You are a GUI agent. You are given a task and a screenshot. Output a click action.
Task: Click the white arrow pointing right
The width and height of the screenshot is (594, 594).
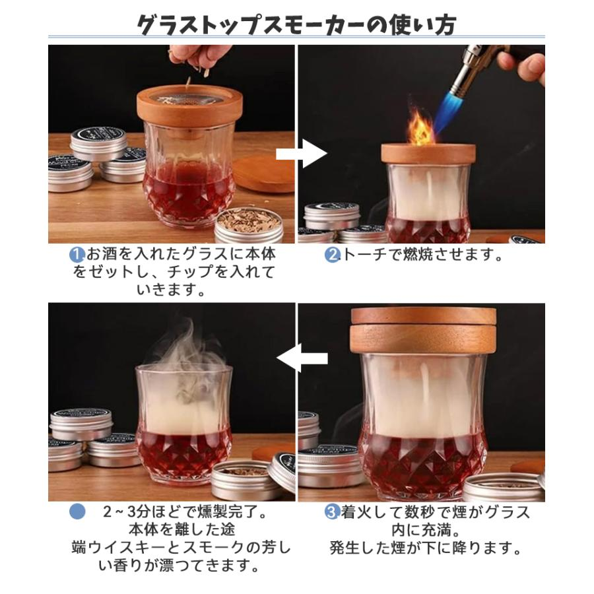click(302, 153)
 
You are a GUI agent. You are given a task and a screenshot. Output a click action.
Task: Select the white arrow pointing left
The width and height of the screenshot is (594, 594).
click(302, 358)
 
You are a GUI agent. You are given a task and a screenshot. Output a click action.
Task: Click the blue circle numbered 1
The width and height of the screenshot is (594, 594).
click(77, 255)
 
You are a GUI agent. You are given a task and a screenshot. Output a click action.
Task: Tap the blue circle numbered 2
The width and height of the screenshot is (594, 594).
click(332, 255)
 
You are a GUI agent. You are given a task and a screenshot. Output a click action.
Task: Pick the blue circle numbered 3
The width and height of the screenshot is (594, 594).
click(332, 512)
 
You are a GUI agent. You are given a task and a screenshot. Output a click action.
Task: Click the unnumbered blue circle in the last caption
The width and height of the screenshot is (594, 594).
click(77, 511)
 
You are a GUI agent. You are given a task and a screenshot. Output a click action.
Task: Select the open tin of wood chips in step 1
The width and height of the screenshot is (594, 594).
click(249, 225)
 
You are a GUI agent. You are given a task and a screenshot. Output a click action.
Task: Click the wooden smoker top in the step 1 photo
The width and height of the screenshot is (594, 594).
click(189, 107)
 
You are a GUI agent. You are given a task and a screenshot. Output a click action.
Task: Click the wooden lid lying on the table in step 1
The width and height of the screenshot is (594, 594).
click(264, 172)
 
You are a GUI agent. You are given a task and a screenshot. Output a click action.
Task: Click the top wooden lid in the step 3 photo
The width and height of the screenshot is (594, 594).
click(424, 315)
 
